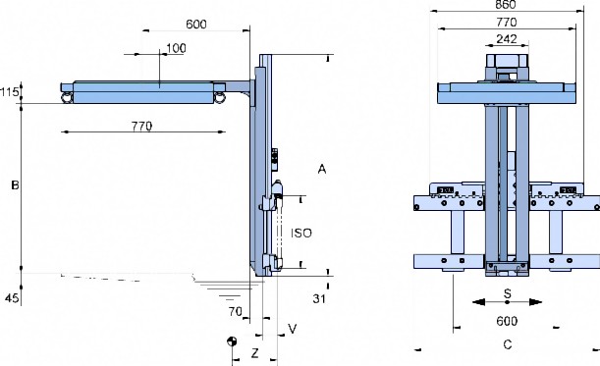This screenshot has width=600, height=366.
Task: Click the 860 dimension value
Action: click(506, 4)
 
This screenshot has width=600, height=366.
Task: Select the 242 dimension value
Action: click(507, 39)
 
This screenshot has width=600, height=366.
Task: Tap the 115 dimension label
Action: click(10, 92)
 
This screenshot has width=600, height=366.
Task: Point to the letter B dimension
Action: click(15, 185)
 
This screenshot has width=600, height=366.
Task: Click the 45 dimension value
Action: click(12, 297)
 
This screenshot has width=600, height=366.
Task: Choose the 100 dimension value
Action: click(177, 48)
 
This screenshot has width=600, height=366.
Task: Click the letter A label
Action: click(322, 169)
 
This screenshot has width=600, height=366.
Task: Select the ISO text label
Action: click(301, 233)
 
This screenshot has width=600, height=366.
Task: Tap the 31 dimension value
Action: click(319, 298)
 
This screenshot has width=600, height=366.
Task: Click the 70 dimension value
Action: click(236, 312)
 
